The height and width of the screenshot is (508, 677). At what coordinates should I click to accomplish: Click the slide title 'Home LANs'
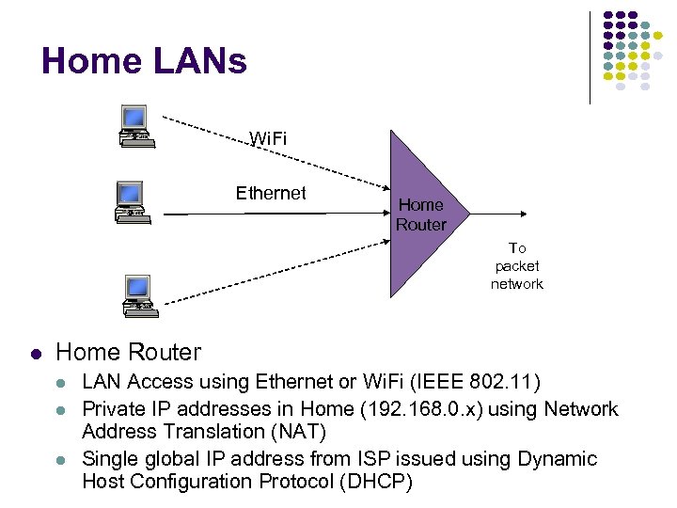[x=144, y=62]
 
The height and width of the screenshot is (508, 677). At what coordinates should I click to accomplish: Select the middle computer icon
[x=130, y=201]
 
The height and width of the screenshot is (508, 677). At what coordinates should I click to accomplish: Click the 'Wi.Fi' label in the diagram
[x=268, y=139]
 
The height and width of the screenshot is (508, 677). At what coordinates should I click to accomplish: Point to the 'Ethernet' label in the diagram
[x=271, y=193]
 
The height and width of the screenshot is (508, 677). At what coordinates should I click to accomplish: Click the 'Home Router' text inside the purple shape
[x=420, y=214]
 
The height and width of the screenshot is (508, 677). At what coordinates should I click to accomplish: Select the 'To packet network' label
[x=516, y=266]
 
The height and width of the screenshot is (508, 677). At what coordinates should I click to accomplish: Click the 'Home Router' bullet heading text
[x=129, y=352]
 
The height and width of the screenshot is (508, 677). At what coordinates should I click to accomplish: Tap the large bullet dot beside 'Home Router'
[x=36, y=355]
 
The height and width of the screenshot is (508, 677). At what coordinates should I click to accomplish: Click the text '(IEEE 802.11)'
[x=479, y=382]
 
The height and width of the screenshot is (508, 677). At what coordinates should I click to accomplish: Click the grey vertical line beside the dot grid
[x=590, y=56]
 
